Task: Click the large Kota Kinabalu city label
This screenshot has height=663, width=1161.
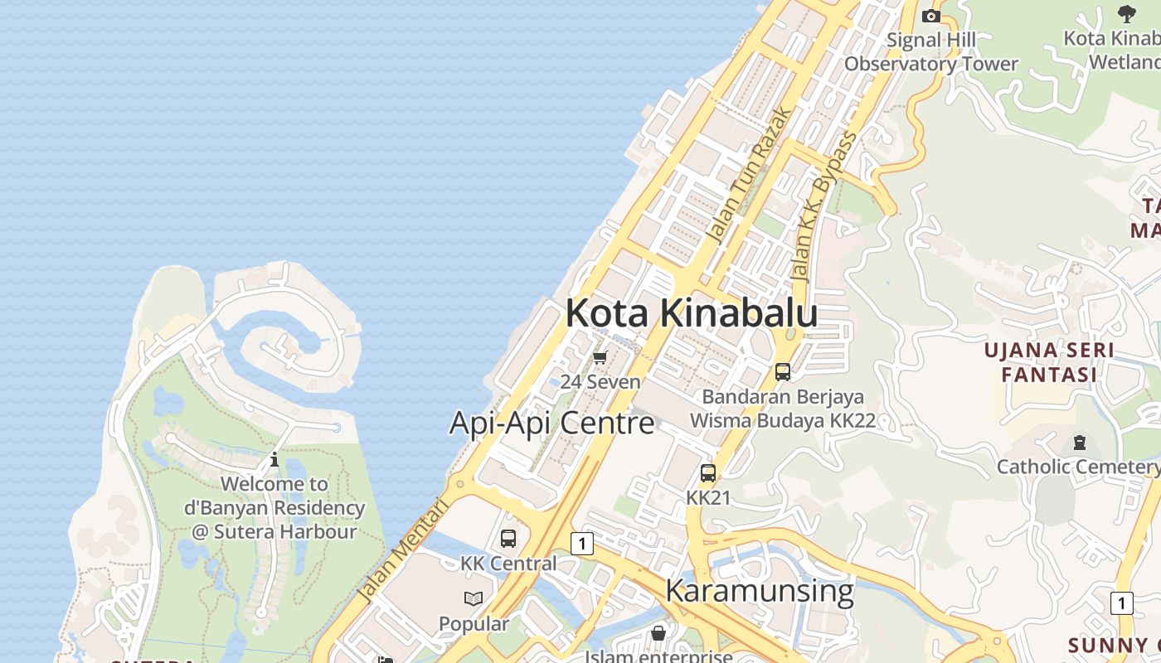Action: [x=692, y=313]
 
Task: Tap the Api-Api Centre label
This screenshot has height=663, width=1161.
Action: [x=551, y=423]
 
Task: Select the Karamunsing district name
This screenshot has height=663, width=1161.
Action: [x=759, y=591]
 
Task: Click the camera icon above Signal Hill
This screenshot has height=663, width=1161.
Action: [x=931, y=16]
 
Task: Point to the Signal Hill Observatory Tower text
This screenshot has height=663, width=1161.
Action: [x=931, y=51]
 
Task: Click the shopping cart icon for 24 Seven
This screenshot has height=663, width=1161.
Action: [x=600, y=357]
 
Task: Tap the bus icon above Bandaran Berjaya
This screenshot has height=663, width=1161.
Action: [x=783, y=372]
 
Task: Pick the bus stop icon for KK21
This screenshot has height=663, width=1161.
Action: [x=708, y=473]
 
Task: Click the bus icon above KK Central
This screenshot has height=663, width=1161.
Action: [x=508, y=539]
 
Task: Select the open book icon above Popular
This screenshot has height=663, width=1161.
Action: [x=474, y=598]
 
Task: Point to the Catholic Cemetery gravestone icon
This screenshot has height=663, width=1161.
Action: [x=1079, y=443]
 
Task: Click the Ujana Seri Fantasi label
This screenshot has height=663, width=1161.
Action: [x=1049, y=362]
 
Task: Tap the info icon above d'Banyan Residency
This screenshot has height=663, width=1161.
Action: [x=274, y=458]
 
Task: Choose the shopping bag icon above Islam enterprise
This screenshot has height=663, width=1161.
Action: [x=658, y=633]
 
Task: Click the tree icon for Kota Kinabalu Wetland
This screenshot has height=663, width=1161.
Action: [x=1126, y=13]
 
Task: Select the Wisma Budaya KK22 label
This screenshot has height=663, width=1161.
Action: [x=783, y=420]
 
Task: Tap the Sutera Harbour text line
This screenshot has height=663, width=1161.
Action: [x=274, y=531]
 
